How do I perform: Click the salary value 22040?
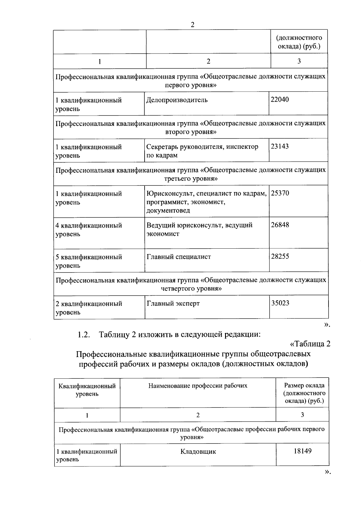click(280, 100)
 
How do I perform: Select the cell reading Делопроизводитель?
click(177, 100)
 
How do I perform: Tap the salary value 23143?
click(280, 146)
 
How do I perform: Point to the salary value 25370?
click(280, 193)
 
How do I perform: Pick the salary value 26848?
click(280, 225)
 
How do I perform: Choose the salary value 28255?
click(280, 257)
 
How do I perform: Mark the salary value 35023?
click(280, 303)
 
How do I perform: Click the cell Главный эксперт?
click(173, 303)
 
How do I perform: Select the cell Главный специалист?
click(179, 257)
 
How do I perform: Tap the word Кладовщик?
click(198, 452)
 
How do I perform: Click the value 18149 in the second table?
click(302, 451)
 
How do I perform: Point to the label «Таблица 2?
click(310, 344)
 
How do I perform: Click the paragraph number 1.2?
click(83, 335)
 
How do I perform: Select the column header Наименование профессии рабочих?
click(198, 386)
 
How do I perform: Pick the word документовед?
click(168, 211)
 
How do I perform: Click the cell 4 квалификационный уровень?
click(89, 230)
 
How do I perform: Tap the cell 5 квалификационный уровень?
click(89, 261)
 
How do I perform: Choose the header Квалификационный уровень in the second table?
click(87, 390)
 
